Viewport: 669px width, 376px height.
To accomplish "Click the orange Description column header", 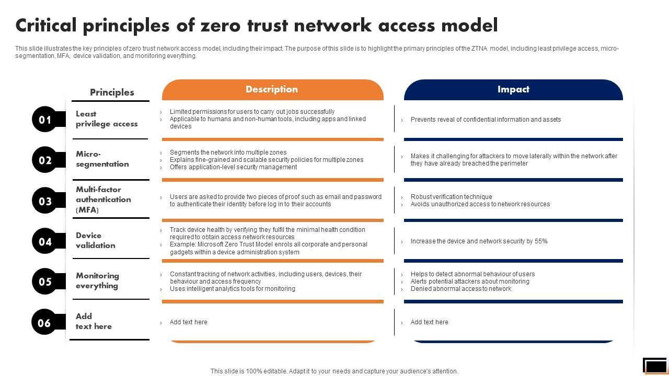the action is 272,90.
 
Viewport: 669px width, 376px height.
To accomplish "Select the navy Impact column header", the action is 513,90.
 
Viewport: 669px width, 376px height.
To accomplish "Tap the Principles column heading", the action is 112,92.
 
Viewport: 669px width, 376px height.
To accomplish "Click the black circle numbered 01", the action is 45,120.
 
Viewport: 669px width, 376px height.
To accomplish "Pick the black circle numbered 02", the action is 45,160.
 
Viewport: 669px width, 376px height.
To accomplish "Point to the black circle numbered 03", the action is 45,201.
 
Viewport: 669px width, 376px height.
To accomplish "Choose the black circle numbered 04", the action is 45,241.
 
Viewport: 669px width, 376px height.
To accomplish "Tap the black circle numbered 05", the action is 45,281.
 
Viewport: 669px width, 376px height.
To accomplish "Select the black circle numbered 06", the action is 45,322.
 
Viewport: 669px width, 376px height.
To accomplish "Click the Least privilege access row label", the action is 107,119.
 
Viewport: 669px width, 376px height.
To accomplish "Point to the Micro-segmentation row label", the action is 102,159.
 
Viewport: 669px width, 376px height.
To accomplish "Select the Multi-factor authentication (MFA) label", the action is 103,199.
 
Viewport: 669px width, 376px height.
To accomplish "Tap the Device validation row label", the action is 95,240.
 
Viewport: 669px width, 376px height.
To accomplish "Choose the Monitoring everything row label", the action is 97,280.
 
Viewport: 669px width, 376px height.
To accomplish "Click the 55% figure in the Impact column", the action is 541,241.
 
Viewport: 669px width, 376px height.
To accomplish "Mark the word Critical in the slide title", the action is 46,25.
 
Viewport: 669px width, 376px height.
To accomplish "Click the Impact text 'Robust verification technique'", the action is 451,197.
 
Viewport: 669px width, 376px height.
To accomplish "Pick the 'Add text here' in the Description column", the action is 188,322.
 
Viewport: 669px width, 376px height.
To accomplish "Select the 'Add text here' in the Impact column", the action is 429,322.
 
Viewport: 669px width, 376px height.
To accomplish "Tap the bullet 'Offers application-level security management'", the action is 233,167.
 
